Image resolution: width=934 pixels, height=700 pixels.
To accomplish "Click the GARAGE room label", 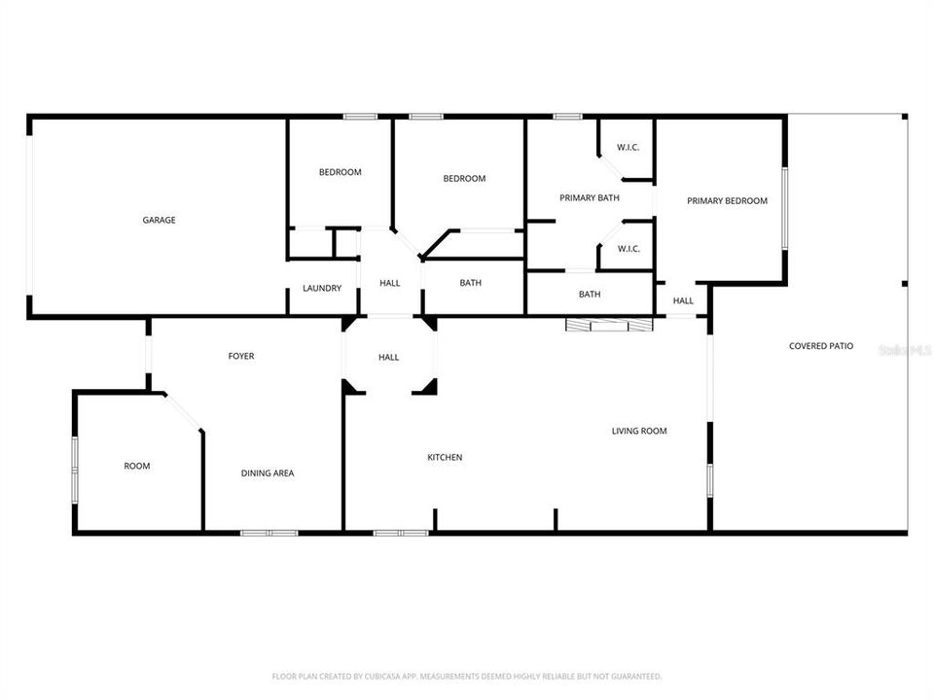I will [160, 221].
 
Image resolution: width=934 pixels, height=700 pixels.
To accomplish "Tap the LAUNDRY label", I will [321, 289].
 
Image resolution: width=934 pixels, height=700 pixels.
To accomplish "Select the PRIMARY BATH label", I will [590, 198].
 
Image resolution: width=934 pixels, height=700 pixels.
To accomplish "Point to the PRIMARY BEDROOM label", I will [727, 201].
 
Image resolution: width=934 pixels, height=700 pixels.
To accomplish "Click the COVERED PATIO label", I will [821, 346].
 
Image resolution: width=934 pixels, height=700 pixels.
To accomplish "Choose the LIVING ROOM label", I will [639, 431].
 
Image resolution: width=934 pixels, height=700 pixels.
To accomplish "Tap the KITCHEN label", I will [445, 458].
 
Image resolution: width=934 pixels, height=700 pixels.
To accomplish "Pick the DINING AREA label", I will [268, 473].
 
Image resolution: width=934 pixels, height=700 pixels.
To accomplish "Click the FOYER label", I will [241, 357].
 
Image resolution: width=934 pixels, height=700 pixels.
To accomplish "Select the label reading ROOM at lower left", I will [137, 467].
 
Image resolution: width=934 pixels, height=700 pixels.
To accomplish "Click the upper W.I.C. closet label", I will [629, 148].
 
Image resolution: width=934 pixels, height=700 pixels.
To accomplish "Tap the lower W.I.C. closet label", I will [629, 249].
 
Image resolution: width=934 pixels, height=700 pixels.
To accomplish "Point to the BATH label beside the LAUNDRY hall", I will [471, 284].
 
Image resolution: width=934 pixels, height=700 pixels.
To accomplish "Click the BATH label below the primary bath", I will [590, 295].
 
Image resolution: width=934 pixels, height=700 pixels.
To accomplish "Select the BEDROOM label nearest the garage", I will [341, 173].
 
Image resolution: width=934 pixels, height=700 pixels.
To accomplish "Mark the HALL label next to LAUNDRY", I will [390, 284].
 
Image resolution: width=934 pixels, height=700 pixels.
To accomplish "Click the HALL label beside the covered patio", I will [683, 301].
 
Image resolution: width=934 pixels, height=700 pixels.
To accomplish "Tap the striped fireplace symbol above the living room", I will [609, 326].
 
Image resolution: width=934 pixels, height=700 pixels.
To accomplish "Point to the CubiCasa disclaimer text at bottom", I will [467, 676].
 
